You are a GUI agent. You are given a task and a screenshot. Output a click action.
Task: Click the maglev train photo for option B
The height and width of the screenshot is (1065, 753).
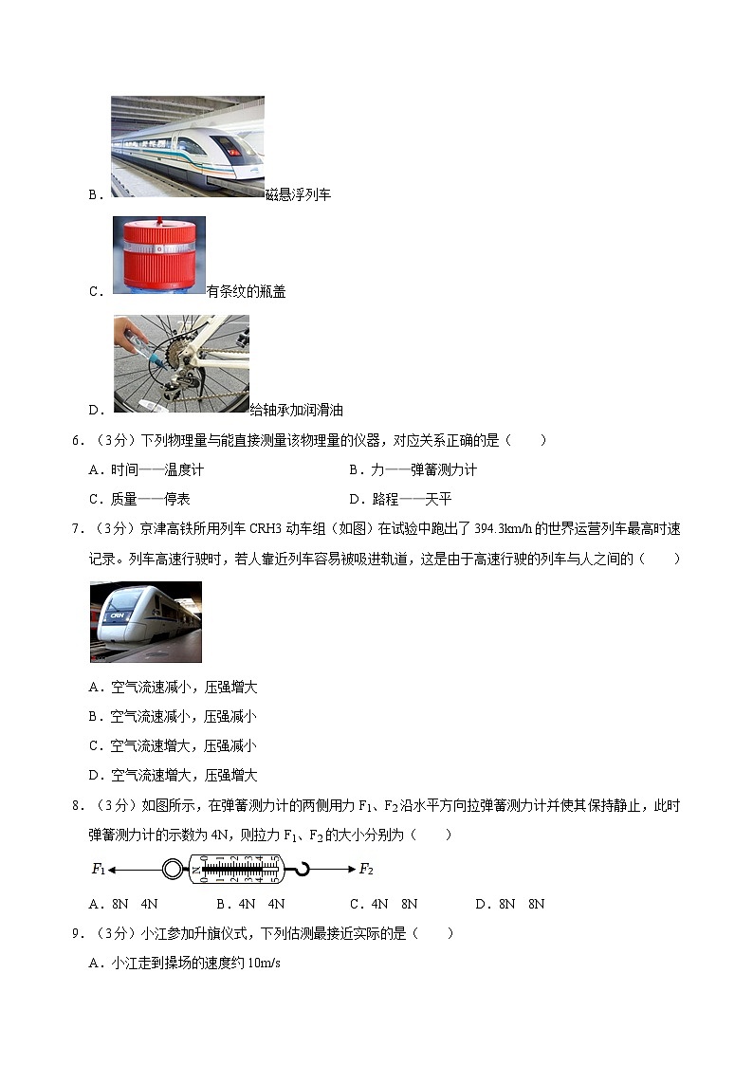187,146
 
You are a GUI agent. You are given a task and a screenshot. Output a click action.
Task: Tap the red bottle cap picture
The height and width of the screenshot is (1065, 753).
158,255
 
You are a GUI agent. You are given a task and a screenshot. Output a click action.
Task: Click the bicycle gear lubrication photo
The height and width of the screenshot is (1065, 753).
181,364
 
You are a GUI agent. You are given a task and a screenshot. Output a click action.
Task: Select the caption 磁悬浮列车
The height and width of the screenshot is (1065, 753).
298,194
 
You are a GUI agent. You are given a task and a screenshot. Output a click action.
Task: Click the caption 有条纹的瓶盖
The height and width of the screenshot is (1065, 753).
246,292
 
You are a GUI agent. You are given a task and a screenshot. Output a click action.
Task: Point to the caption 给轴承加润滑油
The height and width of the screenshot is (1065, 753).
296,411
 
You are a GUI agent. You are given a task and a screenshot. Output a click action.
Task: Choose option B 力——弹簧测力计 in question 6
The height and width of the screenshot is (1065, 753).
413,469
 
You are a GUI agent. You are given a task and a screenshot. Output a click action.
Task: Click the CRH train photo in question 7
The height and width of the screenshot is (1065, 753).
146,621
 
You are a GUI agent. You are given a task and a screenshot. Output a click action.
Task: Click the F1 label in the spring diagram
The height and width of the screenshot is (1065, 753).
98,869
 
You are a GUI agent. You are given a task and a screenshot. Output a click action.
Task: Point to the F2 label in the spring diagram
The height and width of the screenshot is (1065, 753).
366,869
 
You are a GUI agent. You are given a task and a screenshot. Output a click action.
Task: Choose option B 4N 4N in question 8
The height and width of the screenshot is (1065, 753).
250,904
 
